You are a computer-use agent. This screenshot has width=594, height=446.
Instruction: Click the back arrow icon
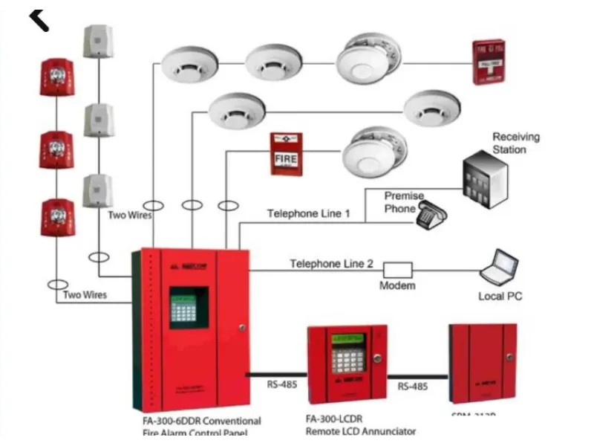point(39,18)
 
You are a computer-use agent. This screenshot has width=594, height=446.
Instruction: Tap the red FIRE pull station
point(286,154)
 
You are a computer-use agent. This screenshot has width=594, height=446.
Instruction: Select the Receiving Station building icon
point(486,180)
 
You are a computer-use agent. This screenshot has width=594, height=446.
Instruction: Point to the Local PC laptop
point(498,268)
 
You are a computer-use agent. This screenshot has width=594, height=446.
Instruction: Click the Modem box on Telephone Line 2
point(397,269)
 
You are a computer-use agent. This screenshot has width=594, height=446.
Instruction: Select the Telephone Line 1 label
point(308,214)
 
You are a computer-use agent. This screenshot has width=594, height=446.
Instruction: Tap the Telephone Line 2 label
point(331,263)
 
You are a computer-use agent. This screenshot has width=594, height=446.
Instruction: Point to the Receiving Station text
point(516,143)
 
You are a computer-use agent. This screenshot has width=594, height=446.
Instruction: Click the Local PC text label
point(500,297)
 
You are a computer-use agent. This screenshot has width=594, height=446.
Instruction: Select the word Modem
point(397,285)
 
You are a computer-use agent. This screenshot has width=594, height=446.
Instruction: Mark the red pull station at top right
point(489,62)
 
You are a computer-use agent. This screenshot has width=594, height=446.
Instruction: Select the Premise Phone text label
point(404,202)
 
